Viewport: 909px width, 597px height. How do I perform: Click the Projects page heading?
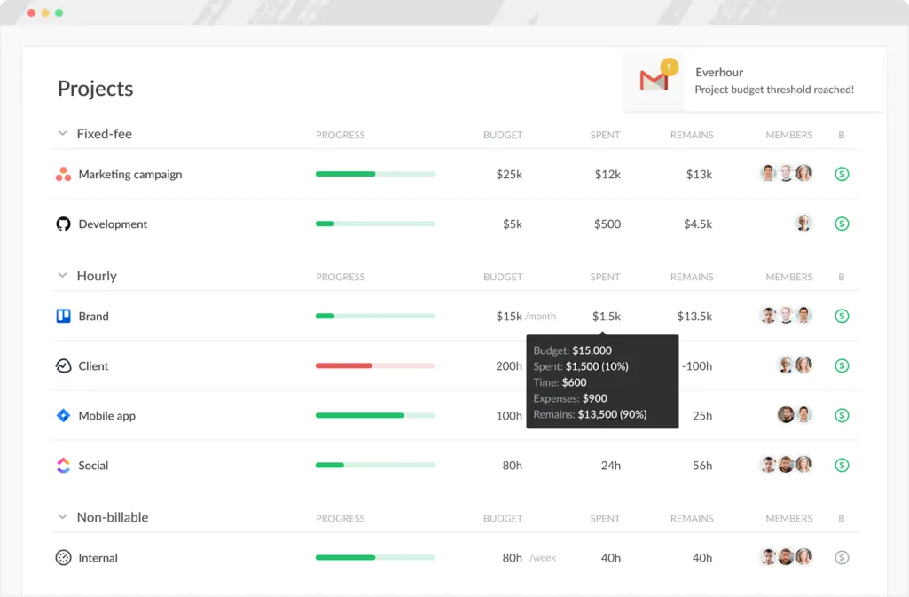point(95,89)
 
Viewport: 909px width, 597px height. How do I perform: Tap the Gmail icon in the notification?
point(654,81)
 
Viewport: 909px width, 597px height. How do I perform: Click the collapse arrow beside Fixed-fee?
point(62,134)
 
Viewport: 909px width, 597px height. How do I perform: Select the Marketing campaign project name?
point(129,175)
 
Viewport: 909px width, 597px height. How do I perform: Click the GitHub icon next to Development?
point(63,224)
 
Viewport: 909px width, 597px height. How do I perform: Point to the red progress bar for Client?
point(344,365)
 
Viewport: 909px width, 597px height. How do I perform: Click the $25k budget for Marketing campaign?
point(509,175)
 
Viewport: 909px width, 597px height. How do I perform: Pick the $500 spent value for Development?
point(607,224)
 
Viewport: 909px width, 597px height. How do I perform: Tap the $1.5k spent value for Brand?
point(607,317)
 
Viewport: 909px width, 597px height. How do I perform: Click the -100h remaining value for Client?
point(696,366)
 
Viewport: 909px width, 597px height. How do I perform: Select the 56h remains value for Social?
point(702,466)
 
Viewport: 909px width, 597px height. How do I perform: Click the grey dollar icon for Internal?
point(842,558)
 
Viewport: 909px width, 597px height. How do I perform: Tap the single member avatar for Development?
point(803,224)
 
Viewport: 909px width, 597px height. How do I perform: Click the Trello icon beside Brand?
point(63,316)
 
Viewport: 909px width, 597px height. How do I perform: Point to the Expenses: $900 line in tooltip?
point(570,398)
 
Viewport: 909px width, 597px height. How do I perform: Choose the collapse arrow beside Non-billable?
point(62,517)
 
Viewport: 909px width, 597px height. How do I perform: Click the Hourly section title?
point(97,276)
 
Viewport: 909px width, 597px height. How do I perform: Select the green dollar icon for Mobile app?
point(842,415)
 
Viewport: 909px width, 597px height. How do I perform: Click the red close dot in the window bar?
point(32,13)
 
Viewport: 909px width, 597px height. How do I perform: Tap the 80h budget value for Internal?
point(513,558)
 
